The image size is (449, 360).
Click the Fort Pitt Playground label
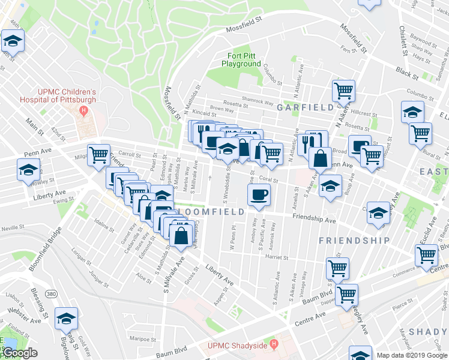241,59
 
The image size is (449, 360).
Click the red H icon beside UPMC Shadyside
274,344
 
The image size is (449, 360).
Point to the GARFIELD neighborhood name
305,107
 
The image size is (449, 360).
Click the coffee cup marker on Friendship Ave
259,195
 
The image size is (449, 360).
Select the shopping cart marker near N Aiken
343,91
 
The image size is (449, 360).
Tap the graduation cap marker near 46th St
11,42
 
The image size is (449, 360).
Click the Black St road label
406,73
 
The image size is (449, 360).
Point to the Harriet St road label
277,257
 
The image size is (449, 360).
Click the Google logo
20,353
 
